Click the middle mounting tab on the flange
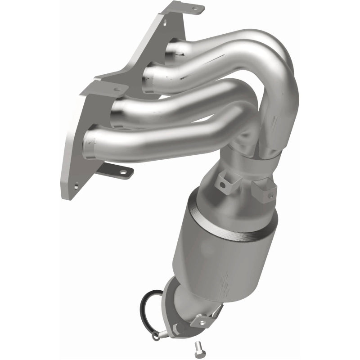pos(110,89)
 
